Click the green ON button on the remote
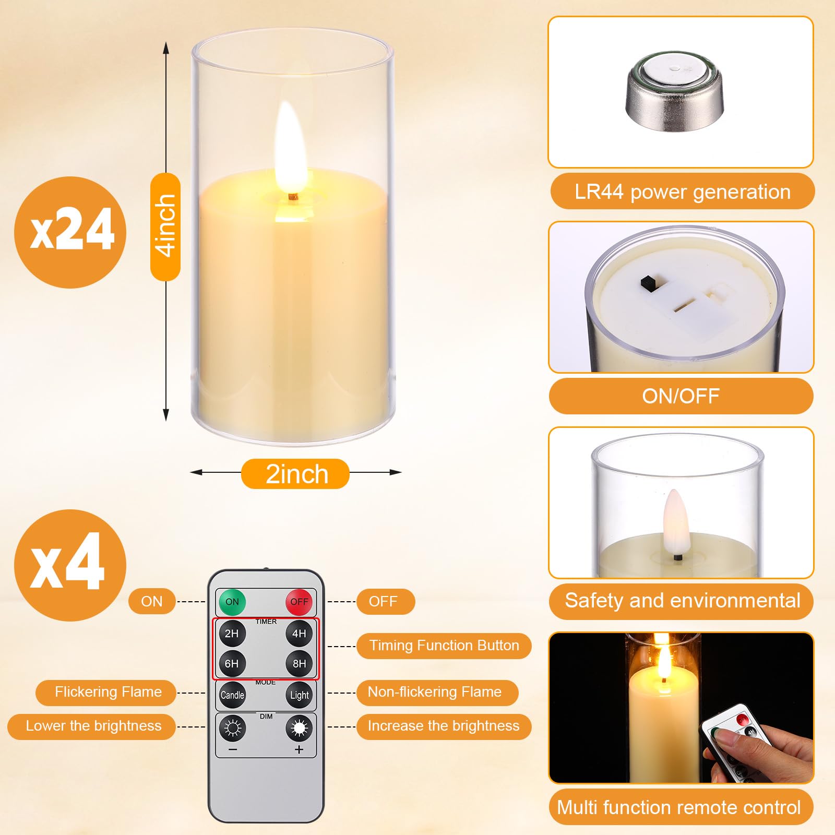point(232,602)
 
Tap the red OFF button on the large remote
point(299,602)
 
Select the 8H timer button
point(299,663)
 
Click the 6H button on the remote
point(232,663)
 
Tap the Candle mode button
point(232,695)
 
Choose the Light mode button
point(299,695)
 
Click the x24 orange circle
point(70,232)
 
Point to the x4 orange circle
point(70,565)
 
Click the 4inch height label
point(165,226)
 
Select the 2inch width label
point(295,474)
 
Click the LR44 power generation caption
point(682,192)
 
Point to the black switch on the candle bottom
point(649,283)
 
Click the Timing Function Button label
point(444,646)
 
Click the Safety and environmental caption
point(682,601)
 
